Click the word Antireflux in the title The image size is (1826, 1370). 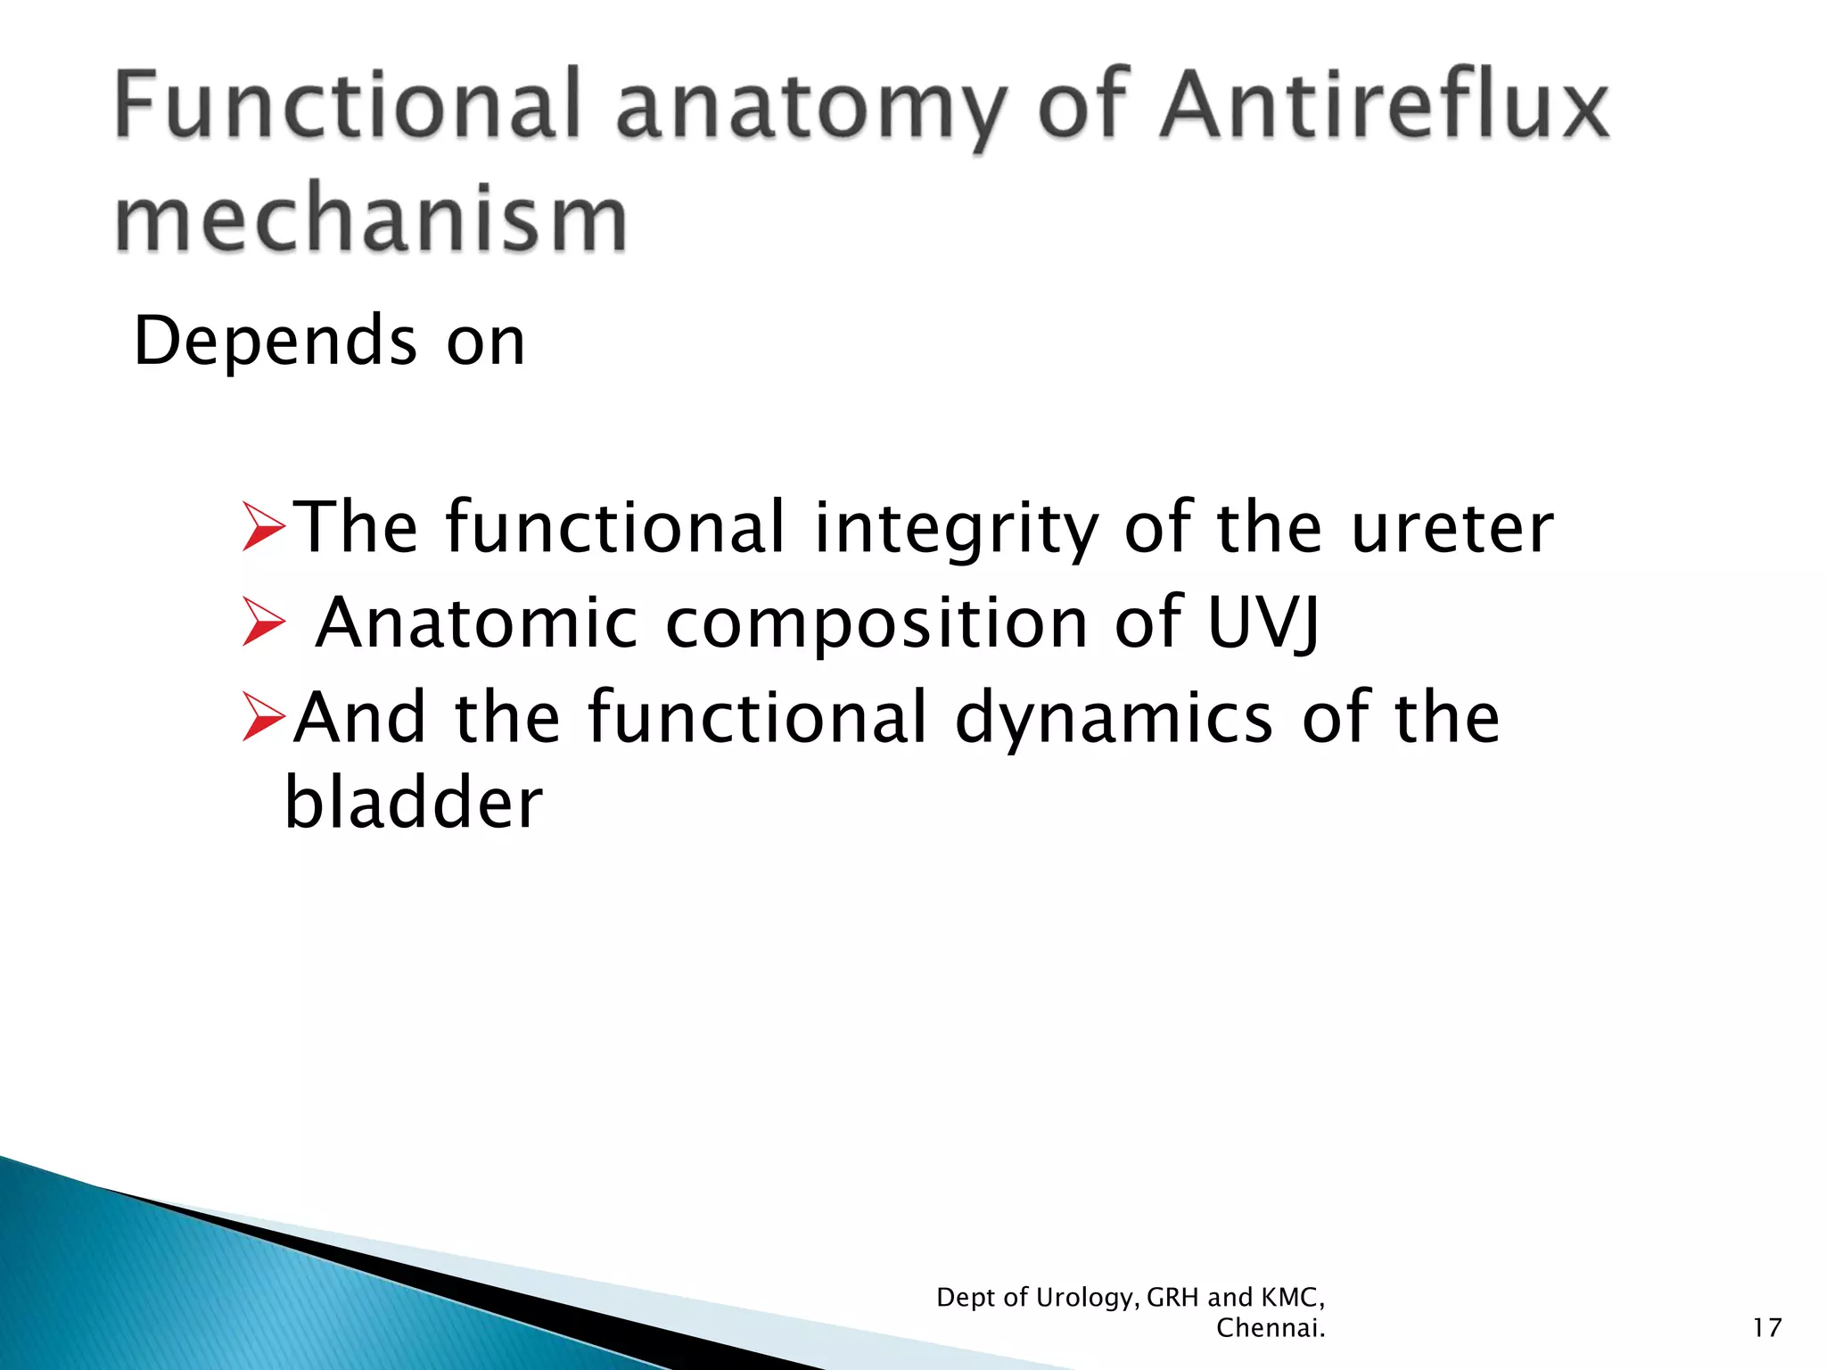pos(1385,107)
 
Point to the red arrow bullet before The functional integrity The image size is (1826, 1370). pos(264,527)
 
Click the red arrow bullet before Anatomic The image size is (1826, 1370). pos(264,622)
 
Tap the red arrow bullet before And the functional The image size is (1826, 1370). pos(264,718)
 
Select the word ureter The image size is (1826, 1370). pos(1452,528)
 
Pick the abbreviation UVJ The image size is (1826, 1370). pos(1263,622)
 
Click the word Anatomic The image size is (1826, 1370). pos(477,622)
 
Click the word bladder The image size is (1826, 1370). pos(413,801)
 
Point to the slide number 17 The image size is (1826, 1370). pos(1766,1328)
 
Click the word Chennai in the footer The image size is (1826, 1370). pos(1269,1328)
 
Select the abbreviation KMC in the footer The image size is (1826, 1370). pos(1292,1297)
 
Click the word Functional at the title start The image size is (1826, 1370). pos(348,107)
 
